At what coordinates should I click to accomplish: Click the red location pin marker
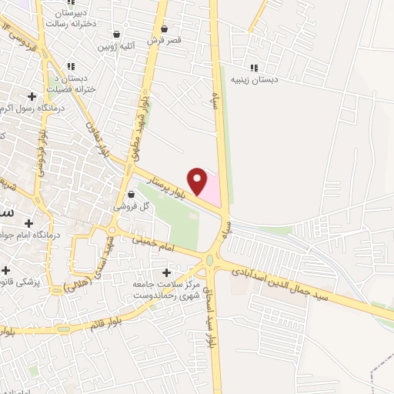199,180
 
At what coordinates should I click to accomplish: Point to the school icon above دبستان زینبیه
255,67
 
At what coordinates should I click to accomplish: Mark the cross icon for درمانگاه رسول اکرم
32,96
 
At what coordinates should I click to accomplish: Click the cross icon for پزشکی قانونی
6,271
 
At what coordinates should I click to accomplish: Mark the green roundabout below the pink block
209,260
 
